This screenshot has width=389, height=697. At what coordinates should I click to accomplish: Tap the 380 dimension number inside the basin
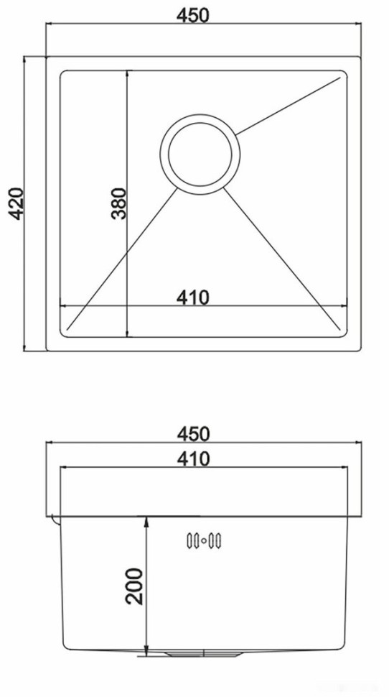tap(118, 203)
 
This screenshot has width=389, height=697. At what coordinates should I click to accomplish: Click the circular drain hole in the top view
tap(200, 153)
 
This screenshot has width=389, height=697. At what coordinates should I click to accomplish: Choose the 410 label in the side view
tap(195, 457)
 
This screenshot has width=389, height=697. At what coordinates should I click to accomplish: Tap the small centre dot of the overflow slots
tap(204, 540)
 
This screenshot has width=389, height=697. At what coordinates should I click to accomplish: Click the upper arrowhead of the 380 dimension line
tap(128, 73)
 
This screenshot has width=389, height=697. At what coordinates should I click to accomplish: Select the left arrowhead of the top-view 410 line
tap(62, 306)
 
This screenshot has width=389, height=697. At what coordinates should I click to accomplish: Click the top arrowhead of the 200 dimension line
tap(147, 519)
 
